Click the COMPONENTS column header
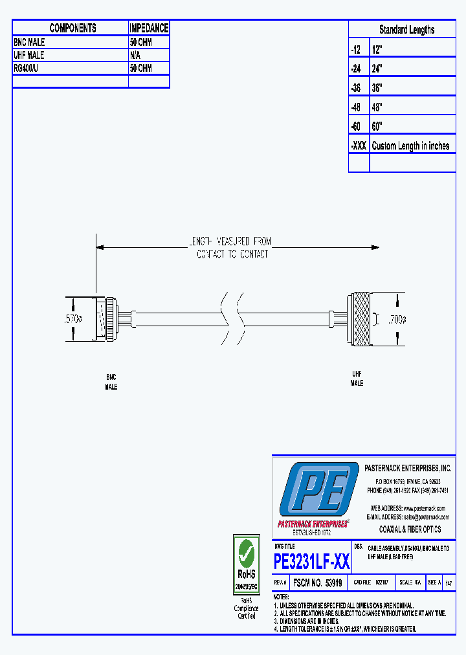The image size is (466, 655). (72, 28)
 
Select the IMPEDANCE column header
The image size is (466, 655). (149, 28)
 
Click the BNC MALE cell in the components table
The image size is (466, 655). (30, 42)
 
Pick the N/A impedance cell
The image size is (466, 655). (137, 56)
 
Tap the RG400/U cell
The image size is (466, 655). (27, 68)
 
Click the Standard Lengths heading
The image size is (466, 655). (406, 30)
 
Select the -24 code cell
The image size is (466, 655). (355, 68)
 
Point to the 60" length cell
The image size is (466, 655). (377, 126)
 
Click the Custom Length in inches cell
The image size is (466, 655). (410, 146)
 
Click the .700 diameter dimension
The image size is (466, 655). (396, 318)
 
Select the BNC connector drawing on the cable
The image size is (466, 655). (107, 318)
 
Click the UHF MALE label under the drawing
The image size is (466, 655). (357, 379)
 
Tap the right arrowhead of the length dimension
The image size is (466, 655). (375, 247)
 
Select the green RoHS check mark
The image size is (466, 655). (246, 553)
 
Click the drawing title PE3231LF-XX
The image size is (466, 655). (312, 561)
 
